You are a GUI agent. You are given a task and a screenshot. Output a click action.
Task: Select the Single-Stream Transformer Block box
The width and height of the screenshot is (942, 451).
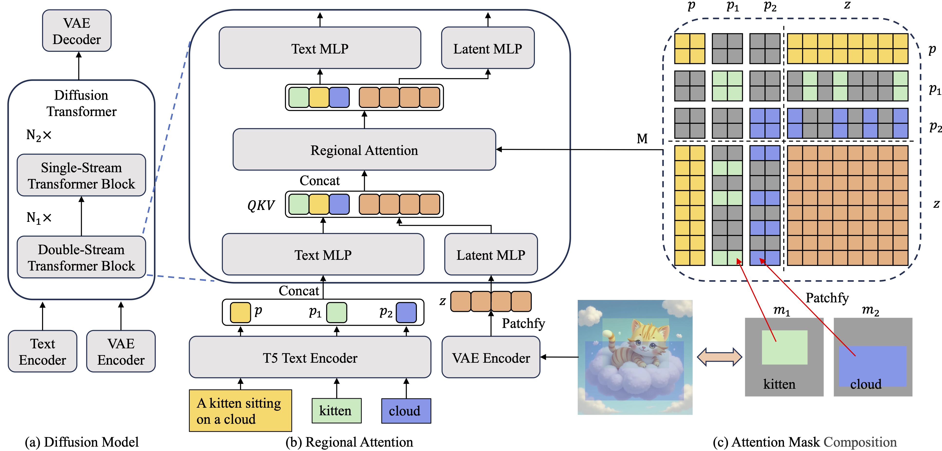(x=81, y=175)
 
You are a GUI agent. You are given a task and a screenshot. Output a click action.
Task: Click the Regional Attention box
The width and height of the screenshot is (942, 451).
(x=364, y=150)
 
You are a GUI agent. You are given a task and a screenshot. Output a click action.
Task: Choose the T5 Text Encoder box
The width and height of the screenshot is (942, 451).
(x=310, y=357)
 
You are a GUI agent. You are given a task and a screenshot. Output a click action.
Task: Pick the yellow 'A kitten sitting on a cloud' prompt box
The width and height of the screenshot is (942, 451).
(x=240, y=410)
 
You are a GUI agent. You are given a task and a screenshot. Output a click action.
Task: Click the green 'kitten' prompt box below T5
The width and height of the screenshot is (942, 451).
(x=336, y=410)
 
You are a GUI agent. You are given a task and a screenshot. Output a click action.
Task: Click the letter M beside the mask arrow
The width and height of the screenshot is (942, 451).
(x=642, y=139)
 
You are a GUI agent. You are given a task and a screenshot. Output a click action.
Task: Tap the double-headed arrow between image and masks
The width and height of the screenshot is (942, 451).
(x=719, y=357)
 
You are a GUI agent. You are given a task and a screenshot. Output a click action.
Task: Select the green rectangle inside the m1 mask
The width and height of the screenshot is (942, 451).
(x=784, y=347)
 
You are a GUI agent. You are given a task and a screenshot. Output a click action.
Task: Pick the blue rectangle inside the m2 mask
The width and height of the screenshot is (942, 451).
(x=872, y=366)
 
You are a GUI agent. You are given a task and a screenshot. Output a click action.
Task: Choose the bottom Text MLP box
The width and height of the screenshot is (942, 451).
(x=323, y=255)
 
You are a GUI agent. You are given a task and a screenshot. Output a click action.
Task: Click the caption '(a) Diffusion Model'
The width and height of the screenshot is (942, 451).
(x=81, y=442)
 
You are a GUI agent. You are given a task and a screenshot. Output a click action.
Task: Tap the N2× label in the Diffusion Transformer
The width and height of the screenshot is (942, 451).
(x=39, y=135)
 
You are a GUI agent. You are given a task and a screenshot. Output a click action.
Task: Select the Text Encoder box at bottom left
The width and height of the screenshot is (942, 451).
(x=42, y=352)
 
